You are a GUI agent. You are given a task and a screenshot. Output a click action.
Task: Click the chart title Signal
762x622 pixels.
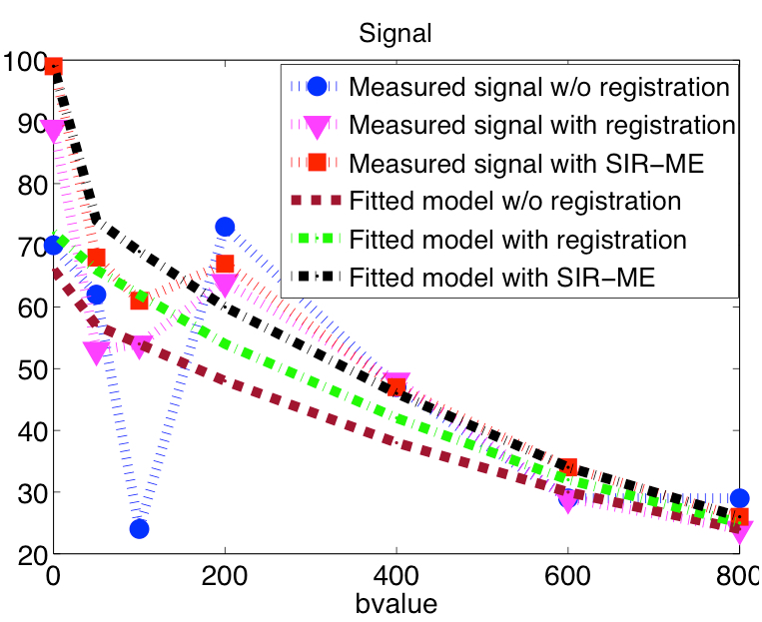point(395,33)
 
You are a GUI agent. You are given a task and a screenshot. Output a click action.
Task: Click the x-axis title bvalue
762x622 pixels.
point(395,603)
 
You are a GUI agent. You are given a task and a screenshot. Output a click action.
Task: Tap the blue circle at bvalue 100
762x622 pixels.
point(139,528)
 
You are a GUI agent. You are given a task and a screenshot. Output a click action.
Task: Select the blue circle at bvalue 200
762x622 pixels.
point(225,227)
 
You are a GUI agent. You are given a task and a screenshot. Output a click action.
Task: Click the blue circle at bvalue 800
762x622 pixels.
point(739,498)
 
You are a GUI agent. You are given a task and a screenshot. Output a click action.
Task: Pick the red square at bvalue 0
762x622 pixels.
point(54,67)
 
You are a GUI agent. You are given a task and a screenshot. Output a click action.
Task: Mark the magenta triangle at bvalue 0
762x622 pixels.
point(54,131)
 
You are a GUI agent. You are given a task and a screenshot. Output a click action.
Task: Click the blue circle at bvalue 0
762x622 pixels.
point(54,246)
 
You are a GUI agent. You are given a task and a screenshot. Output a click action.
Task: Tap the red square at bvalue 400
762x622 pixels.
point(396,387)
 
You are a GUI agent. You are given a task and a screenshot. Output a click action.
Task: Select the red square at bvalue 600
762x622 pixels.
point(568,467)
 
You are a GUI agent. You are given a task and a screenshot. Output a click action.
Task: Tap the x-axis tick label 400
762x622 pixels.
point(396,576)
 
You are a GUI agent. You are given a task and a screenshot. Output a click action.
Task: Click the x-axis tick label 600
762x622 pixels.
point(568,576)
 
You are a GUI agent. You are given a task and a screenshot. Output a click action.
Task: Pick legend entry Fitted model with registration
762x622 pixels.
point(517,241)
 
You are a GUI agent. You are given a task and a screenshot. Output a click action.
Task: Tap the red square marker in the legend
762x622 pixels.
point(318,163)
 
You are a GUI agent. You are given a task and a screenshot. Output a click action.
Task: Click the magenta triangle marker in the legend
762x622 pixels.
point(318,126)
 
